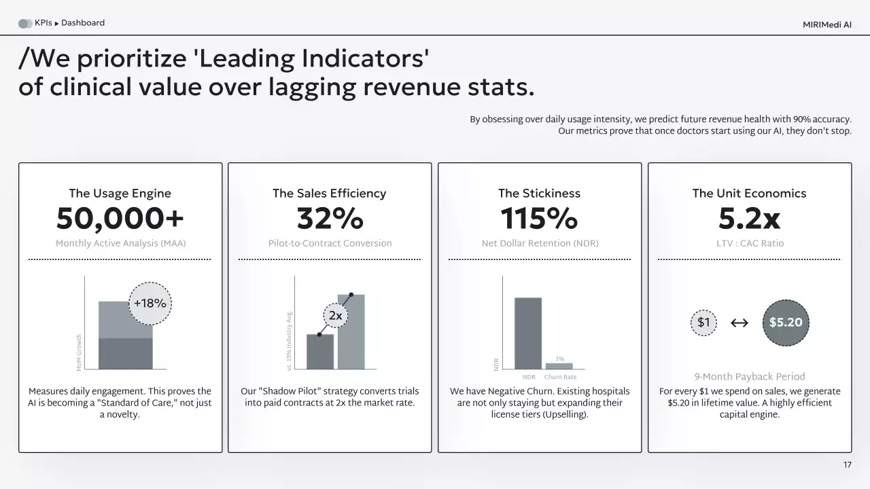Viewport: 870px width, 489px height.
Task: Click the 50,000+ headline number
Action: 120,219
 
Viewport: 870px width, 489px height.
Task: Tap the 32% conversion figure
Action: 330,219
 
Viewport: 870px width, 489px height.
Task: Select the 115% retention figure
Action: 539,219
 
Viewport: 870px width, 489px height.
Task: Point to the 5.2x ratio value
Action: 749,219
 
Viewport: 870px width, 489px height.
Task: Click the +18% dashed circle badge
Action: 150,304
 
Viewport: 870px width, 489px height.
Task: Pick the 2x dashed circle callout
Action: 335,316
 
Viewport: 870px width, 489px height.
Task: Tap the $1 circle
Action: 703,323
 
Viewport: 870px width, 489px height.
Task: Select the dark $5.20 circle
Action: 786,323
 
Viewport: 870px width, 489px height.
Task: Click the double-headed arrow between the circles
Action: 739,323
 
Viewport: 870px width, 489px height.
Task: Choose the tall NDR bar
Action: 528,333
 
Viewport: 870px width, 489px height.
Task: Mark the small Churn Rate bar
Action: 559,366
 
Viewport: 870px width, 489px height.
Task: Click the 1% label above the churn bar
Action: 560,359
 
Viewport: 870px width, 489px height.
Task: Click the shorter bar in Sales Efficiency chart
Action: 320,352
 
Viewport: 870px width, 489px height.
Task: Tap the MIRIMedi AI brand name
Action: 826,24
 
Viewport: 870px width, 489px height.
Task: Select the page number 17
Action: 847,465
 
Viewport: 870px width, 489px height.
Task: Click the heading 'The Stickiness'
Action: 539,194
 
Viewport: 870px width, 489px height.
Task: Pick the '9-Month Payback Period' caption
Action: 749,377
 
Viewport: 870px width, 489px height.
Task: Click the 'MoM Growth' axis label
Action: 80,352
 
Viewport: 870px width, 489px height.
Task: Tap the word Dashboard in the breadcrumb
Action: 83,23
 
